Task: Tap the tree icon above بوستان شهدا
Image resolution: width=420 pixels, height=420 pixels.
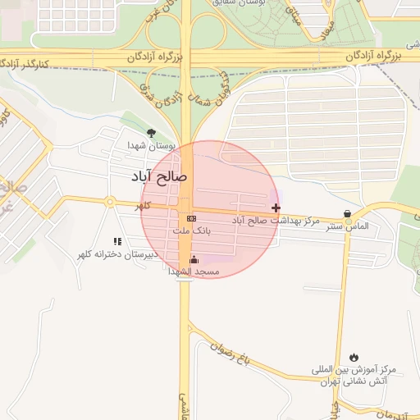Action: pyautogui.click(x=150, y=133)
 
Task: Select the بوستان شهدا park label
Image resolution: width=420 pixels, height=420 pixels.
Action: pyautogui.click(x=149, y=145)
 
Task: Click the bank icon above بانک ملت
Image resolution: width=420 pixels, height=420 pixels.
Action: pyautogui.click(x=191, y=218)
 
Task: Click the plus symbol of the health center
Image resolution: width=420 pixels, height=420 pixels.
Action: pyautogui.click(x=276, y=208)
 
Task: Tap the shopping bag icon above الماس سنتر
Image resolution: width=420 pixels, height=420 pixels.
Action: pyautogui.click(x=348, y=214)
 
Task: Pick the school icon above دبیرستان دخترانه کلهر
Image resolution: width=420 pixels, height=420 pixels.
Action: pyautogui.click(x=117, y=241)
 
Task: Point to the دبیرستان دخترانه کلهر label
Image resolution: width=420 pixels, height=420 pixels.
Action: pyautogui.click(x=116, y=254)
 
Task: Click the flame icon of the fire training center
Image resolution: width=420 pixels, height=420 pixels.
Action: pyautogui.click(x=354, y=358)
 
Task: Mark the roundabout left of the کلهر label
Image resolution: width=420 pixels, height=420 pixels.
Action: pyautogui.click(x=109, y=202)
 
